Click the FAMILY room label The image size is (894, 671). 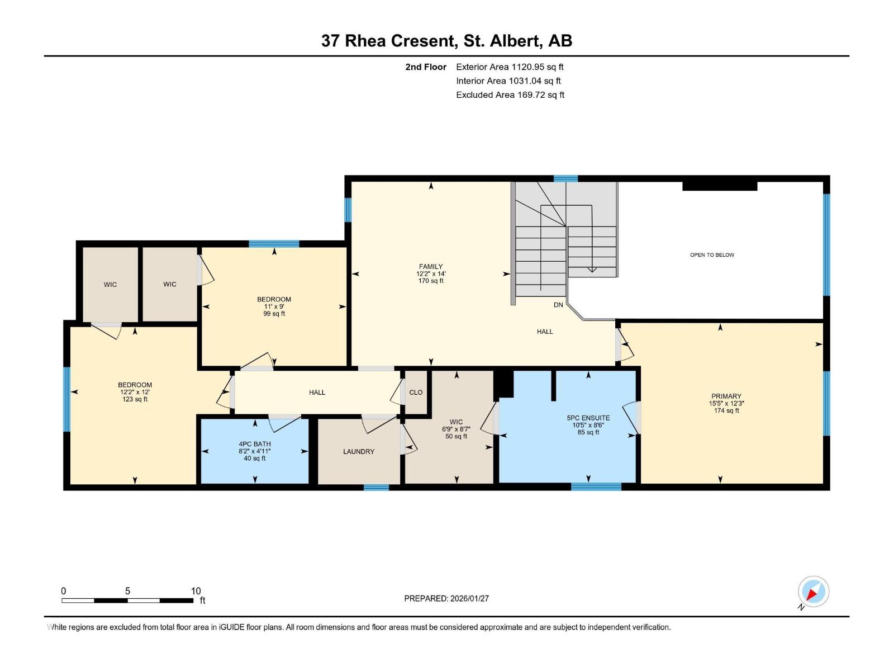(431, 267)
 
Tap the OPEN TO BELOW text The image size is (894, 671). (712, 255)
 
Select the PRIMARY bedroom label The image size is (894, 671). (726, 396)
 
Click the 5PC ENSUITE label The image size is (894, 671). (588, 418)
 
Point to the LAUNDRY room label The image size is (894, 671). (359, 451)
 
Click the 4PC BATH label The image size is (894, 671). (255, 444)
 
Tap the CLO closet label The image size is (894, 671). (416, 392)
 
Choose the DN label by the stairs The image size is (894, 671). (558, 305)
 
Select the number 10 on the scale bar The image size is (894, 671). (196, 591)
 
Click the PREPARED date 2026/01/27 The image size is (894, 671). (469, 598)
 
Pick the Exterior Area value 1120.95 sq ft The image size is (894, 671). (538, 67)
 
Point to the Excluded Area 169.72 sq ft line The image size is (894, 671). (510, 94)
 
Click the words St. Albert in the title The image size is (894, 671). (502, 41)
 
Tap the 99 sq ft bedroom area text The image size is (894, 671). (274, 314)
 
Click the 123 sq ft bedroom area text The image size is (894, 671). (135, 399)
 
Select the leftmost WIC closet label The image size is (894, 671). (110, 285)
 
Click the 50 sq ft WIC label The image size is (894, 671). (456, 436)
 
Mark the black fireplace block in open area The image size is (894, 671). (720, 186)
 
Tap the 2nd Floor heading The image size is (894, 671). (426, 67)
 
